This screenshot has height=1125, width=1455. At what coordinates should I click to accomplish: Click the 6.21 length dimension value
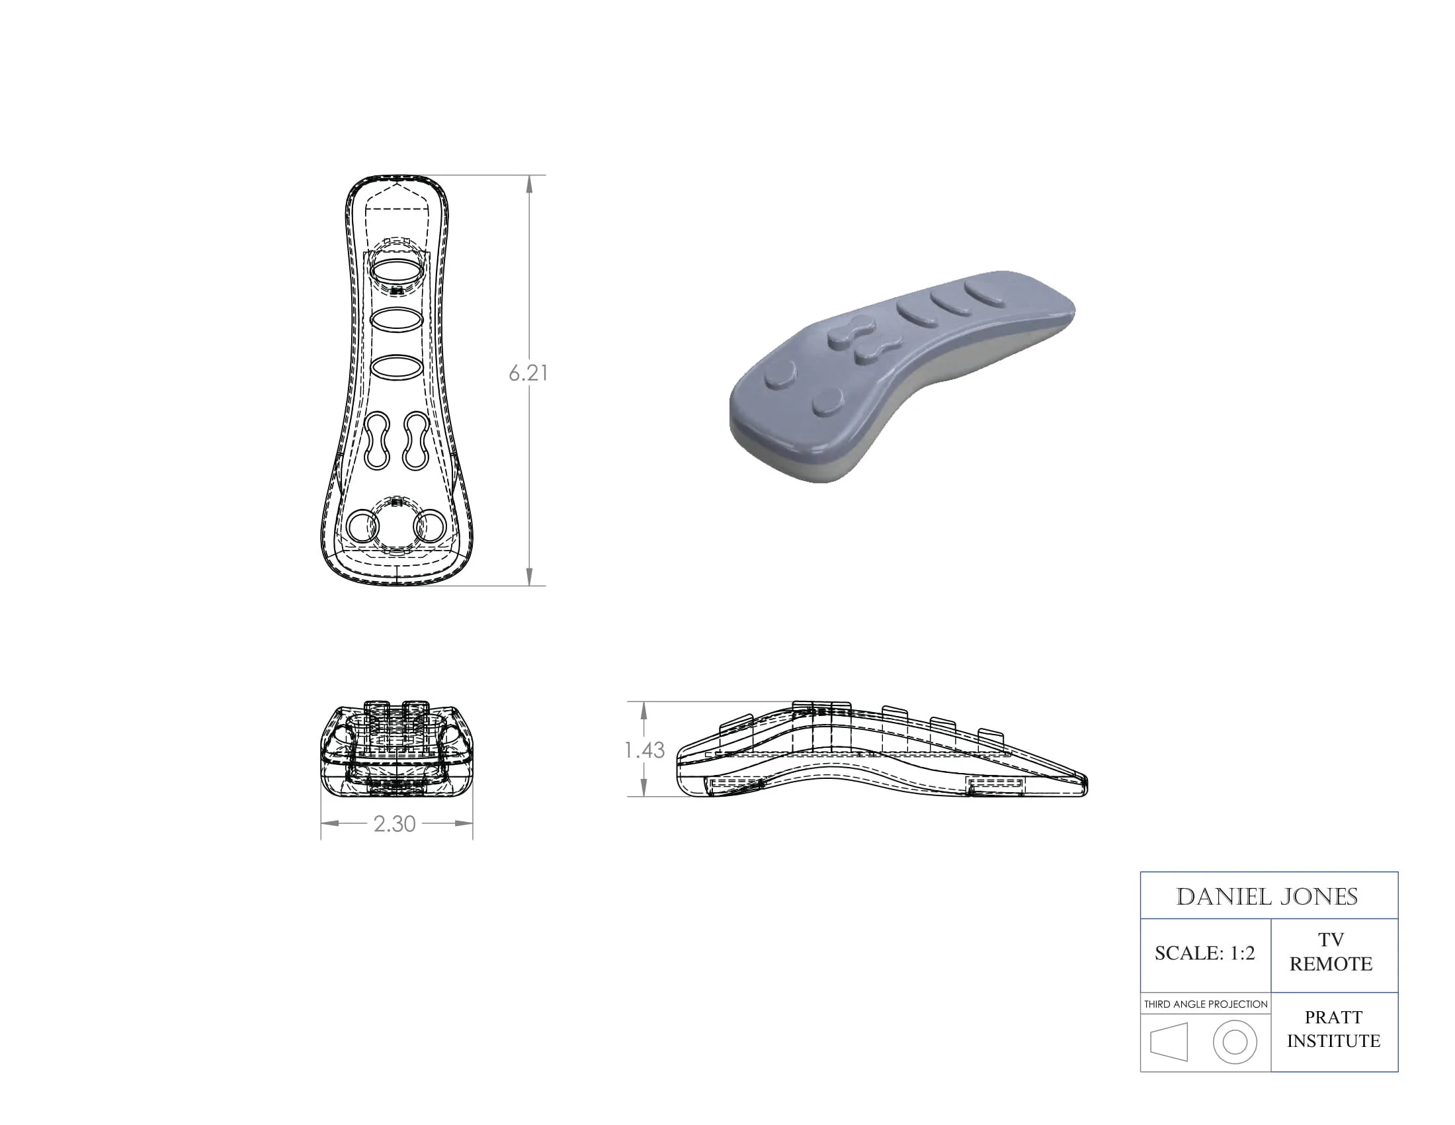coord(528,373)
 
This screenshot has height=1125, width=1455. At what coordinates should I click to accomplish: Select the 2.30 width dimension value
coord(394,824)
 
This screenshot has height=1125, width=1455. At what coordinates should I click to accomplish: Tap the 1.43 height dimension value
coord(644,750)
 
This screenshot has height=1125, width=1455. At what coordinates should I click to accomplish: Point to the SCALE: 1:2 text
coord(1204,954)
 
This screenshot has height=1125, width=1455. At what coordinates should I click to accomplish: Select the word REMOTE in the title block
coord(1331,964)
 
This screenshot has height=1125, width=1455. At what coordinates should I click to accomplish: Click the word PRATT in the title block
coord(1333,1017)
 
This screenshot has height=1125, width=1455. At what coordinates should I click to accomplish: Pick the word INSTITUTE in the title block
coord(1333,1041)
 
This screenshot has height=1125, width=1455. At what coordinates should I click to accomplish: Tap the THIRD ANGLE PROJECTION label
coord(1205,1005)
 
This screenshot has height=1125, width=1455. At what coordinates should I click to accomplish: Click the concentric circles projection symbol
coord(1235,1042)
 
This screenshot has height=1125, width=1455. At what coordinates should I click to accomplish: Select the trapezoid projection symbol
coord(1169,1042)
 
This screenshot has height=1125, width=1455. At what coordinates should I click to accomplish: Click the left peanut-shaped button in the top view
coord(377,441)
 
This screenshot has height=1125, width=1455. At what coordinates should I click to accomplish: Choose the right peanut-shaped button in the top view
coord(417,441)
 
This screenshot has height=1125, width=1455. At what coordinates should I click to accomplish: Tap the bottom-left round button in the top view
coord(362,527)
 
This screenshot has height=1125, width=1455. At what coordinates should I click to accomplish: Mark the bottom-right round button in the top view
coord(431,527)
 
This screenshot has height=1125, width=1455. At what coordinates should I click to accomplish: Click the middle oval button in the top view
coord(395,320)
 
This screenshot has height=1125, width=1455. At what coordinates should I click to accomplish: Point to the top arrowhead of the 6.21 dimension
coord(530,183)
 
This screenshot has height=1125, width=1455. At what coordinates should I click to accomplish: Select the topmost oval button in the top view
coord(395,271)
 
